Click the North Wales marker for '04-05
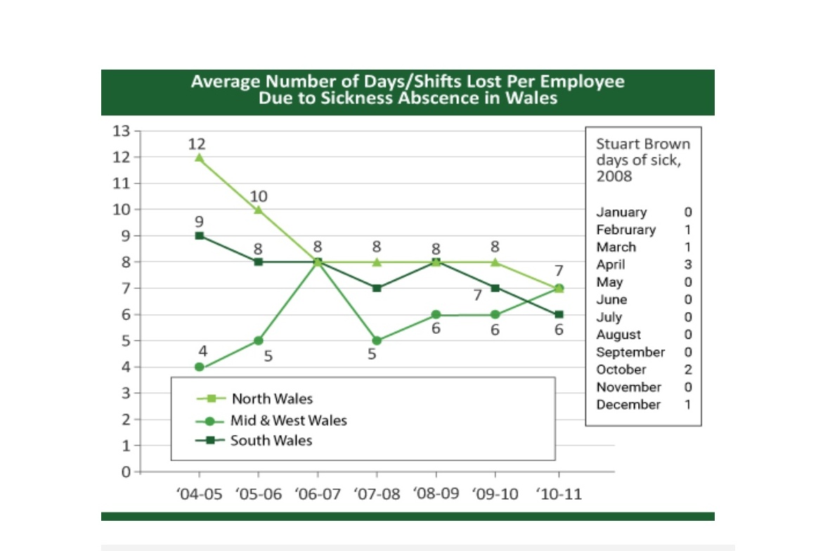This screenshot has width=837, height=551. click(199, 157)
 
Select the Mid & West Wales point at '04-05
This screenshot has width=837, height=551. click(199, 368)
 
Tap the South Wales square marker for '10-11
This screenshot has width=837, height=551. click(559, 314)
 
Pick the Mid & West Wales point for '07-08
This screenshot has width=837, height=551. click(377, 341)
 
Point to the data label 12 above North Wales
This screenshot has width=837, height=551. click(197, 143)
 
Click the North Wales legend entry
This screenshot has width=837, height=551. click(254, 398)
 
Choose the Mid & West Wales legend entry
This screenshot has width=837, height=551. click(271, 420)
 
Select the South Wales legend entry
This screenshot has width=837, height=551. click(254, 441)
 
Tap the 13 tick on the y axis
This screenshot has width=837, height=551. click(121, 131)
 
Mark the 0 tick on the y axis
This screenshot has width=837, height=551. click(126, 472)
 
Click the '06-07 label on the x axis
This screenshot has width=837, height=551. click(318, 494)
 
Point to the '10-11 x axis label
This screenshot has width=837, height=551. click(559, 494)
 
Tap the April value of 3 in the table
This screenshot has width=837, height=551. click(688, 264)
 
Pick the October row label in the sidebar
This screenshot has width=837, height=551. click(621, 370)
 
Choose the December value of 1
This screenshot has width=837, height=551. click(688, 404)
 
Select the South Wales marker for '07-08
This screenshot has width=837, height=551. click(377, 288)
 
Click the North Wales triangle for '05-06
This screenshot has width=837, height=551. click(259, 210)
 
